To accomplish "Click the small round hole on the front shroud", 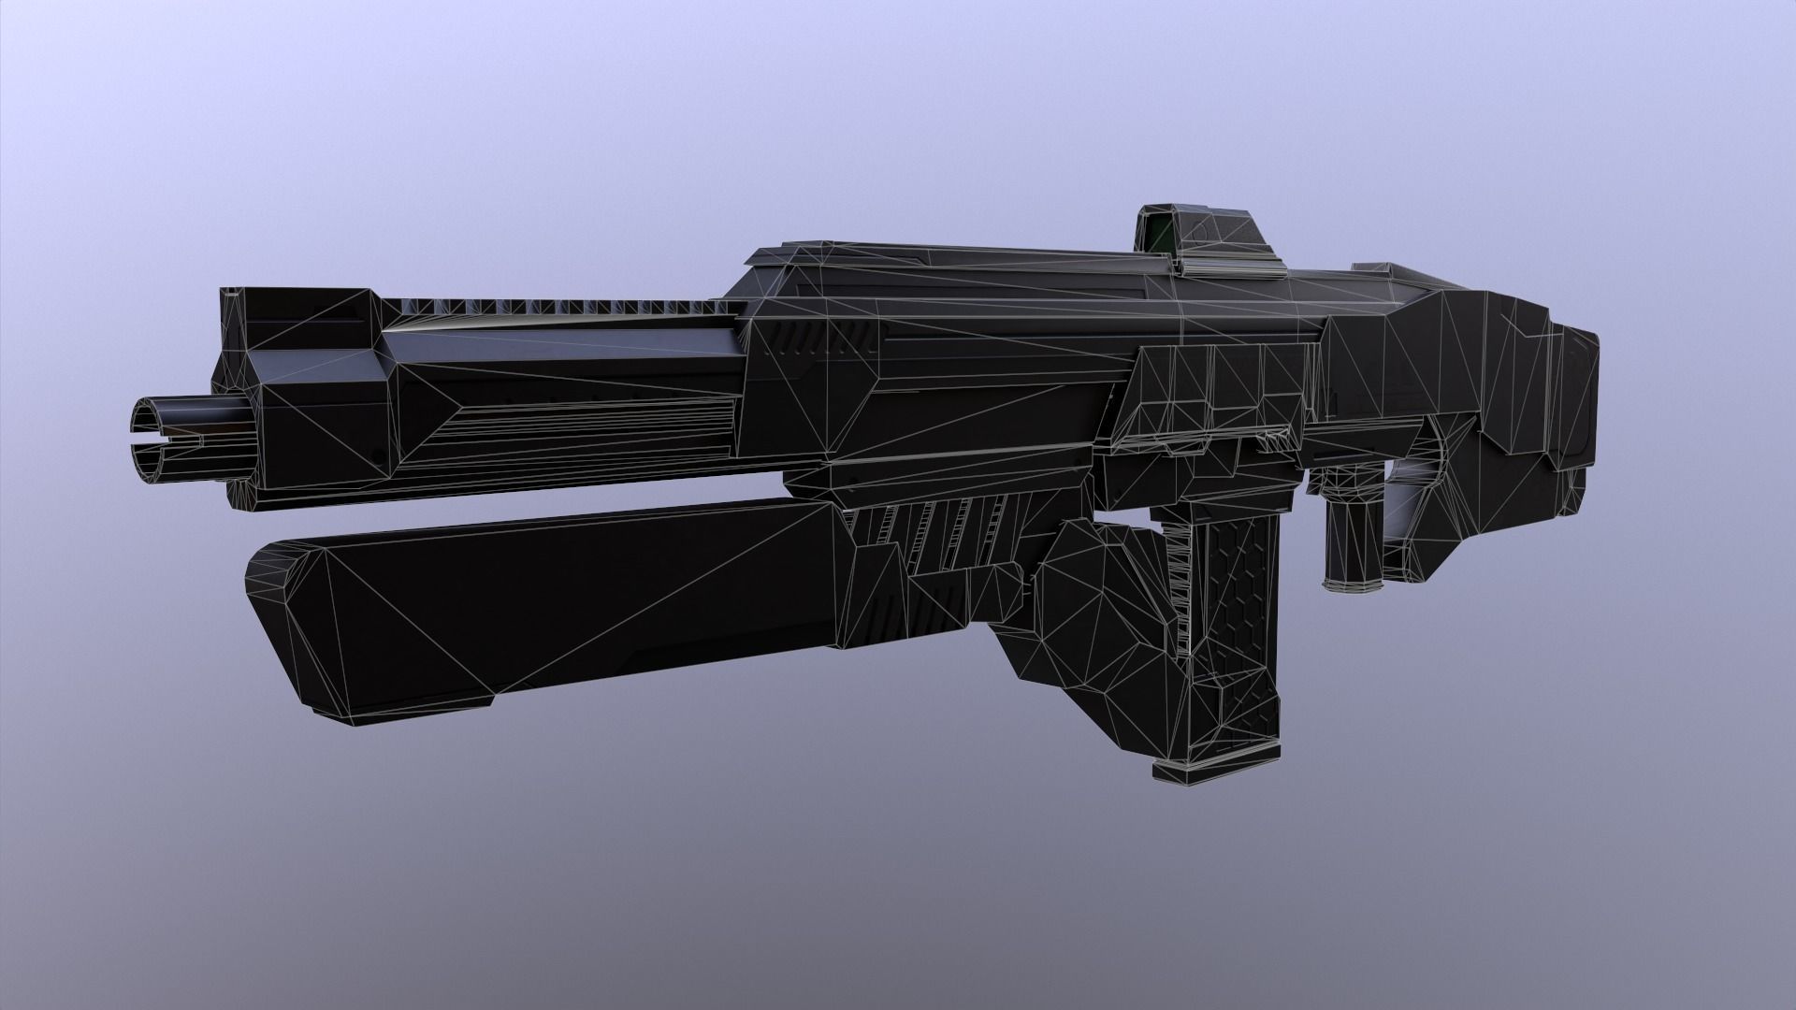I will coord(378,455).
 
